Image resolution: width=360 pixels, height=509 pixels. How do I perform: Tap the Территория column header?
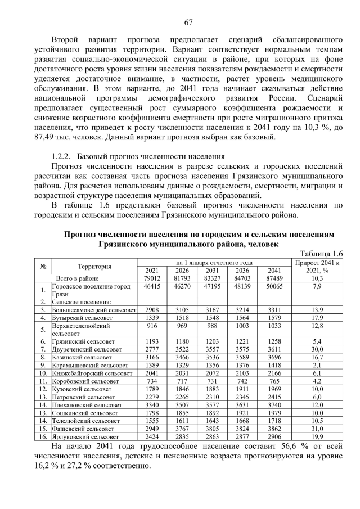[94, 266]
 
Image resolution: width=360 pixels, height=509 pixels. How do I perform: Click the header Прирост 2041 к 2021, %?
[317, 266]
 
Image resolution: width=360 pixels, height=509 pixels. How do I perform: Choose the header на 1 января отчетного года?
[214, 262]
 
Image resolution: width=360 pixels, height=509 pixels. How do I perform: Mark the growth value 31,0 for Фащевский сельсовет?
[317, 427]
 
